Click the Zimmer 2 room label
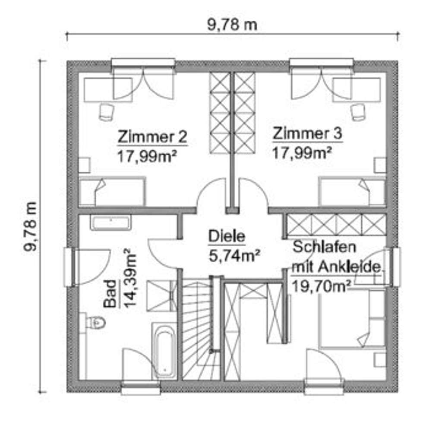[152, 137]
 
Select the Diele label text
[227, 236]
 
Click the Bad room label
[110, 294]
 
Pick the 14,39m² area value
[129, 278]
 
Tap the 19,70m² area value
[320, 285]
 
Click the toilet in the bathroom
[95, 322]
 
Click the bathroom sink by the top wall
[110, 223]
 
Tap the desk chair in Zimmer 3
[357, 112]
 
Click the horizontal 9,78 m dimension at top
[232, 25]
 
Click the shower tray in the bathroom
[161, 295]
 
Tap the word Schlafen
[325, 247]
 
